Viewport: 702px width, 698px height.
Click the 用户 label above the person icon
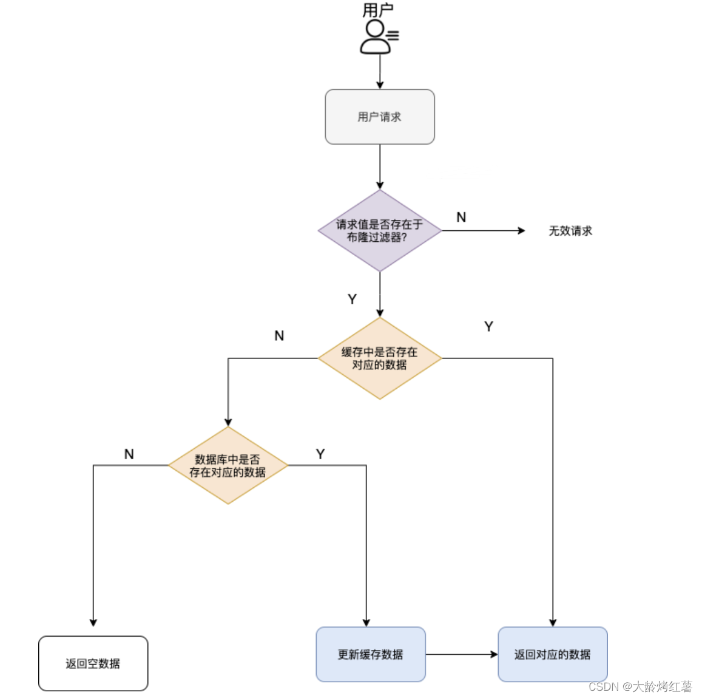click(x=378, y=10)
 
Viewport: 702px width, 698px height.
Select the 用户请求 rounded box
click(x=380, y=117)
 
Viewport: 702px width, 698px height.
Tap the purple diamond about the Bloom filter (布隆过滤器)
click(x=380, y=231)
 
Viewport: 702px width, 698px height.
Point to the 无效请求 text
click(x=570, y=231)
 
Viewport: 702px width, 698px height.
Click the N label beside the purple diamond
click(x=461, y=217)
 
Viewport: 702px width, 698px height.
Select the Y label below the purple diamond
click(x=352, y=299)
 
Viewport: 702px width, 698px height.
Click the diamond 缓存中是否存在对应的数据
click(x=380, y=358)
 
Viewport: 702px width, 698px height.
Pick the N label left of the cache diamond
click(x=279, y=336)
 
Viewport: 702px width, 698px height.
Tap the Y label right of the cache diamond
click(x=488, y=327)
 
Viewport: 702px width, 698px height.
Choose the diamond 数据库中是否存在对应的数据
click(x=228, y=466)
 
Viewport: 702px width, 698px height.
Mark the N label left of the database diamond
click(x=129, y=454)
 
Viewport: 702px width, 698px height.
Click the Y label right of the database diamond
click(x=320, y=454)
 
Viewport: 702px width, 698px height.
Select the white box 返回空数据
click(x=93, y=663)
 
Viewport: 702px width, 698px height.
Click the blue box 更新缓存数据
click(x=371, y=654)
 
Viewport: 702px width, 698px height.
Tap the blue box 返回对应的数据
click(x=552, y=654)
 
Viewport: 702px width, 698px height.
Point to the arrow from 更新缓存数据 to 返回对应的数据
click(x=461, y=654)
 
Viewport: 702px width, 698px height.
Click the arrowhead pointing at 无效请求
click(x=521, y=231)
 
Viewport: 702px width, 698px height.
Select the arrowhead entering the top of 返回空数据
click(x=93, y=622)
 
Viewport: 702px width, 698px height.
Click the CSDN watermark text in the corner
click(x=640, y=686)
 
